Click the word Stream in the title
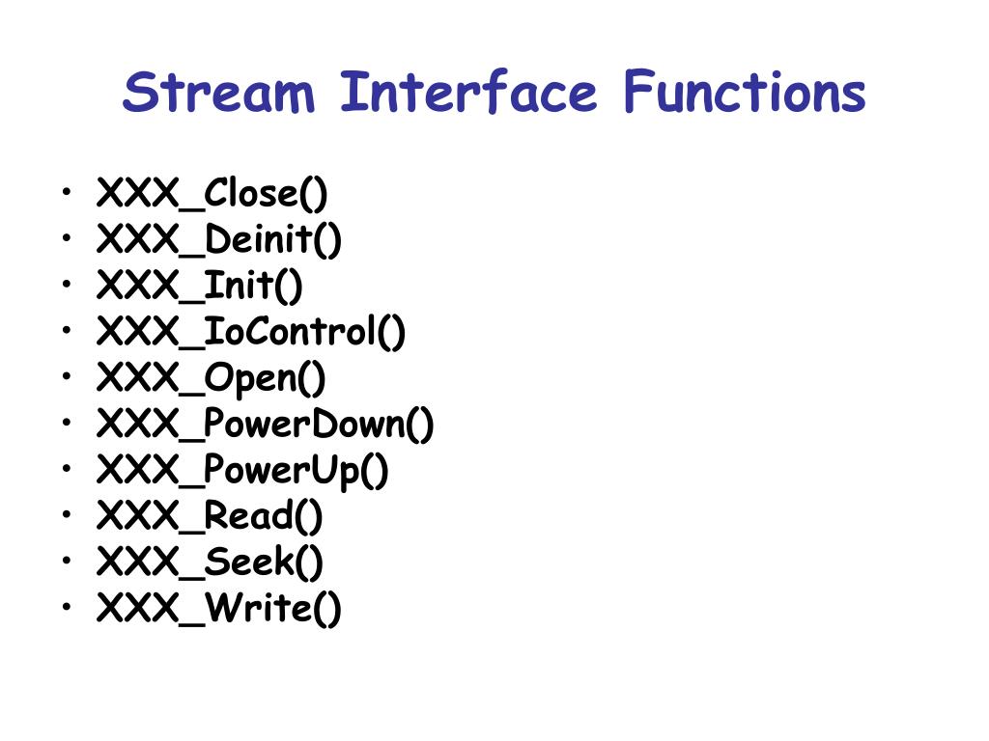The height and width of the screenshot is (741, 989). click(219, 94)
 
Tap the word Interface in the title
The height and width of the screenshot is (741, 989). click(468, 94)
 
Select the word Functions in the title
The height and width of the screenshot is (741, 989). click(744, 94)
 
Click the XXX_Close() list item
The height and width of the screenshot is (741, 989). click(212, 194)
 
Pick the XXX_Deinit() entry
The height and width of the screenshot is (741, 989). click(219, 240)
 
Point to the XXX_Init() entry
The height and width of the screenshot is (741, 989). click(200, 287)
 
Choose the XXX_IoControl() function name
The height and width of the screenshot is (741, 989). click(251, 333)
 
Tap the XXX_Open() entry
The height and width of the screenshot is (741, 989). click(212, 379)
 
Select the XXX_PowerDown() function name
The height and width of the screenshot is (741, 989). click(266, 425)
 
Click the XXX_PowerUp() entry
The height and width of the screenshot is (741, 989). click(242, 472)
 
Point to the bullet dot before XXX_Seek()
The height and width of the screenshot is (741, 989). click(64, 561)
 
